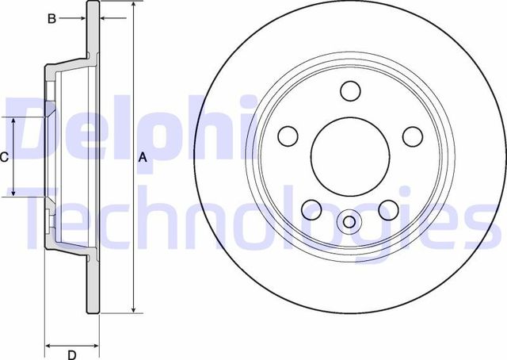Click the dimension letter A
click(143, 157)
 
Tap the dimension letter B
click(51, 18)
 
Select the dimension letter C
click(5, 157)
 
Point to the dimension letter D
click(71, 354)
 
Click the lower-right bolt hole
click(388, 209)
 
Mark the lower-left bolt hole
click(311, 209)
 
